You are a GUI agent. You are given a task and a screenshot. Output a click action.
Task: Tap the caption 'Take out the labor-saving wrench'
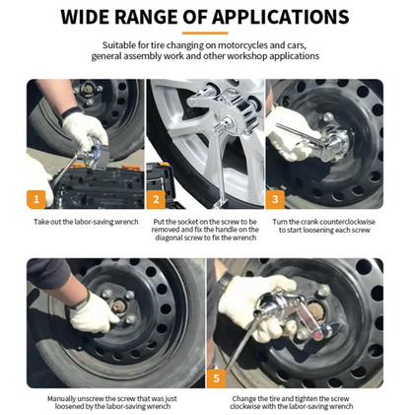[x=86, y=222]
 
